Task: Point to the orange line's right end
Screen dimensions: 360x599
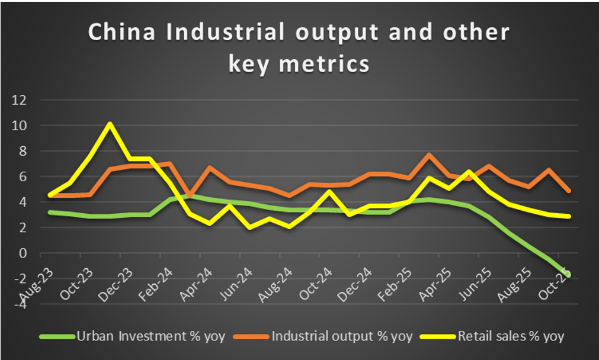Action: coord(569,191)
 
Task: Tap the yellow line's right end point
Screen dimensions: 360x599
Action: coord(569,216)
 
